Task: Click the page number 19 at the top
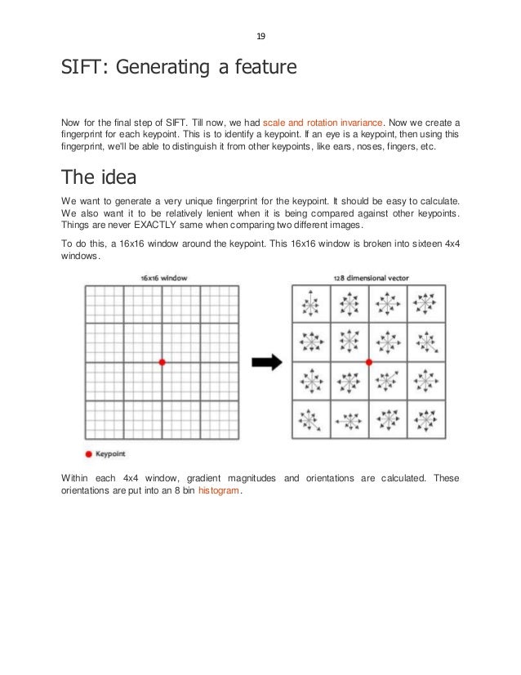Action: pos(260,36)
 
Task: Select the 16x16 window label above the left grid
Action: pos(163,278)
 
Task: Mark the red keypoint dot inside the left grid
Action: pos(162,361)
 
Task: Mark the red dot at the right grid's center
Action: pos(369,361)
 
